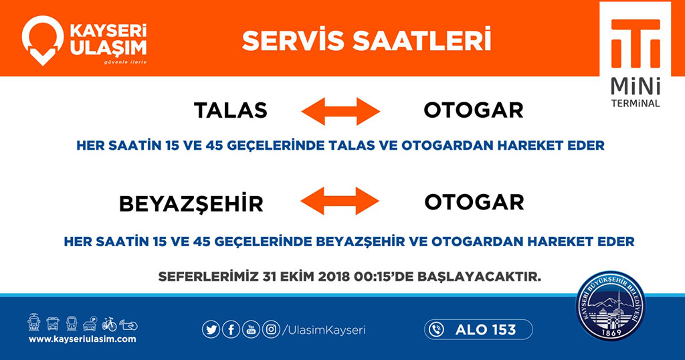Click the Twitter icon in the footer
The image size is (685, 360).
(211, 329)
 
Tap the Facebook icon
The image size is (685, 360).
(231, 329)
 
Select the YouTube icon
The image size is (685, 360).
(251, 329)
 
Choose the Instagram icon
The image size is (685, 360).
(271, 329)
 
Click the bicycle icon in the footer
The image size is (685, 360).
(109, 324)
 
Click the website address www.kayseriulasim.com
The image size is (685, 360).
(82, 339)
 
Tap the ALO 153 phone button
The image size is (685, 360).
(478, 329)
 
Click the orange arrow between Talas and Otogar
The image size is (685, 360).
(339, 110)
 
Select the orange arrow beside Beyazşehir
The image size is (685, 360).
(339, 201)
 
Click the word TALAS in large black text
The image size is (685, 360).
(230, 110)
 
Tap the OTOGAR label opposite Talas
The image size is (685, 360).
(473, 110)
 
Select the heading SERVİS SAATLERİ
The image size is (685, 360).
(366, 39)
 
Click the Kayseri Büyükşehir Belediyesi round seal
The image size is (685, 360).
(613, 309)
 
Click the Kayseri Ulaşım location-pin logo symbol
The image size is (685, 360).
(42, 39)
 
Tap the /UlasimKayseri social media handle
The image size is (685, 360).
(324, 330)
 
